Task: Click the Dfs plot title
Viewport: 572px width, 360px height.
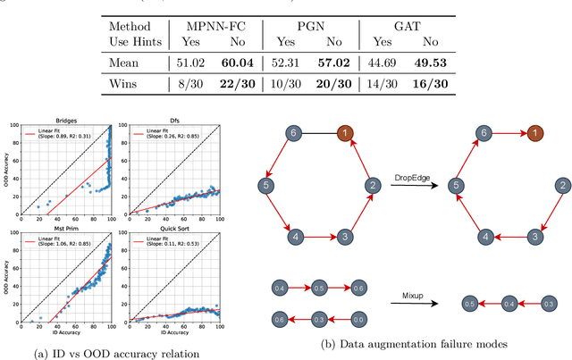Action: tap(178, 121)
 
